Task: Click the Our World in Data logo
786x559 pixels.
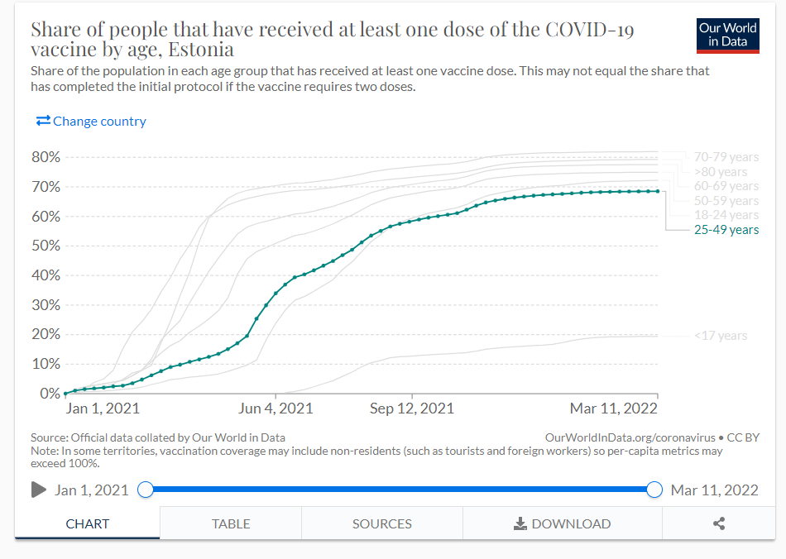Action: pos(728,34)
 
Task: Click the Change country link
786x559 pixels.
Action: pos(91,122)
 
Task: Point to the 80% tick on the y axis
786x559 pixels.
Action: pos(46,157)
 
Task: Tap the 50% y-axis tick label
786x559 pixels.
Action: pos(46,246)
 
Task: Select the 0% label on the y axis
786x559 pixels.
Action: pos(50,394)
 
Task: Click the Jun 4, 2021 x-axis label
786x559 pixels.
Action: pos(276,408)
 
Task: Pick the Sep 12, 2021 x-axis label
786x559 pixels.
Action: pos(412,408)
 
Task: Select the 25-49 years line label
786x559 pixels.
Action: pos(726,230)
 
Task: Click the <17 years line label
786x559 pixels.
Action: pos(721,336)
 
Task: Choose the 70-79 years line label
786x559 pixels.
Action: pos(726,157)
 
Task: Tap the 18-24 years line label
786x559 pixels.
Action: pos(726,215)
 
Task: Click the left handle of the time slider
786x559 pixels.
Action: pos(146,490)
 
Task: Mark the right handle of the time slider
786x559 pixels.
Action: pos(654,490)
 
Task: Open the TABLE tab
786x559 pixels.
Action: pos(231,523)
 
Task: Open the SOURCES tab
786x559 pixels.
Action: pos(381,523)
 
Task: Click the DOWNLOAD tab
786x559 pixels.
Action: pos(563,523)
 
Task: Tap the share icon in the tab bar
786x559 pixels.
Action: pos(719,523)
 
